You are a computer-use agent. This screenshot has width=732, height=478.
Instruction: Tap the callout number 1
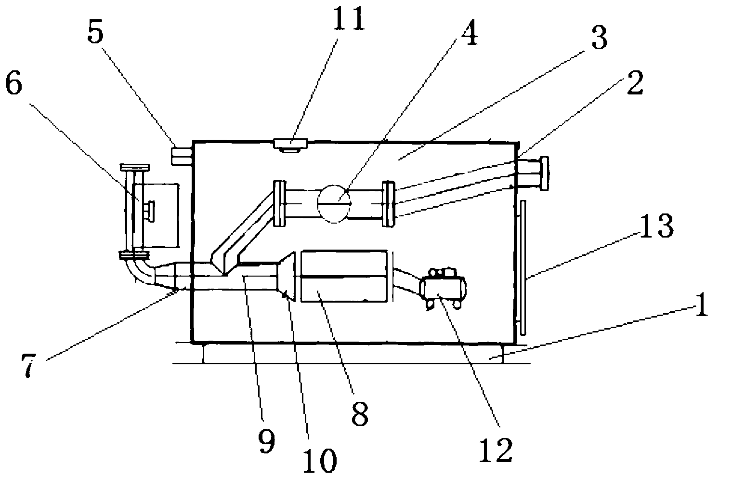coord(701,305)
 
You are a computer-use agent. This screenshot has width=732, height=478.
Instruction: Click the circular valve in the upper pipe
coord(334,204)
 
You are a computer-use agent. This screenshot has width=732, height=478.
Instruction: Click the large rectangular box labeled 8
coord(343,276)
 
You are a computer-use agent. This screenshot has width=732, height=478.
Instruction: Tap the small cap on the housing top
coord(290,144)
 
